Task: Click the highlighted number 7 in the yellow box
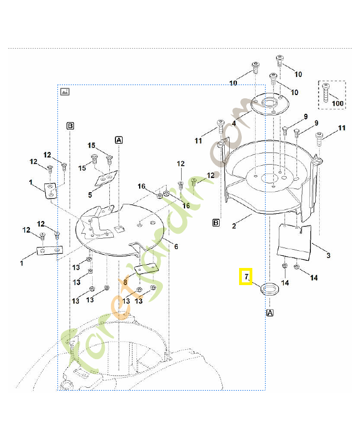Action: click(246, 276)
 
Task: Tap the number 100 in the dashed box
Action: click(337, 103)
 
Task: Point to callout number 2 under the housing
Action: click(234, 225)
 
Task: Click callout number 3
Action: click(329, 255)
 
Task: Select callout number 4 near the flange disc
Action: click(234, 123)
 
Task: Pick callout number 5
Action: click(90, 194)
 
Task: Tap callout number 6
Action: click(176, 246)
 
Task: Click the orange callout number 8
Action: click(125, 282)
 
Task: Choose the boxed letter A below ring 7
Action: click(270, 313)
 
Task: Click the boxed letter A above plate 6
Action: click(119, 140)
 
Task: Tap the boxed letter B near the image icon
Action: click(70, 126)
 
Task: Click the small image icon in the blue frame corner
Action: click(65, 91)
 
